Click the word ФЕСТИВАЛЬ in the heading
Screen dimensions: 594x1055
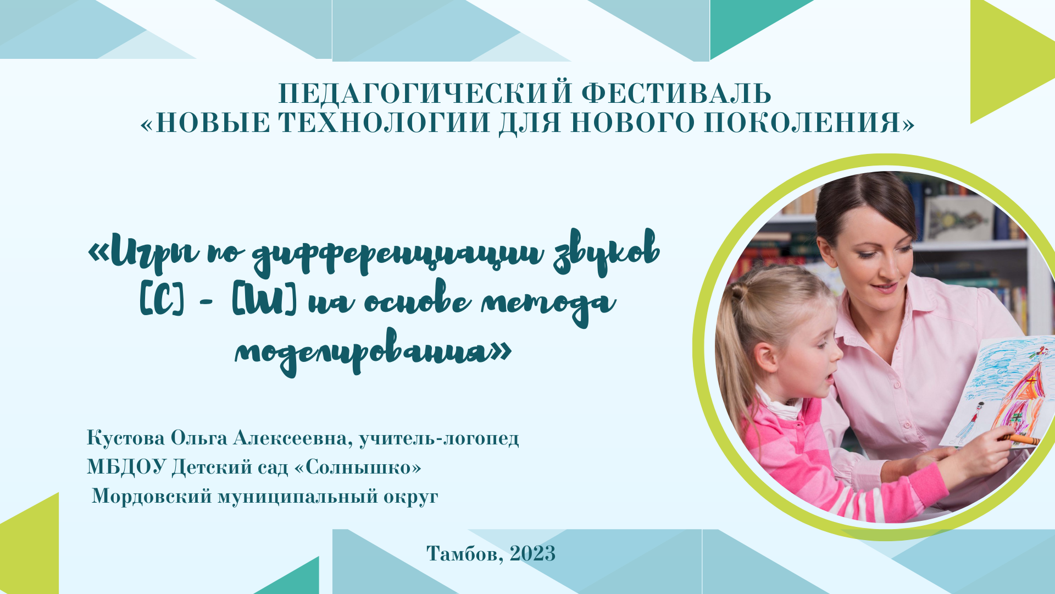(676, 94)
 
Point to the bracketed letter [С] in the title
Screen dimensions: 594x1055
(162, 300)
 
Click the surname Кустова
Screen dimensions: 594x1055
(125, 438)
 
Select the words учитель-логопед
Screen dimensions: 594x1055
(438, 438)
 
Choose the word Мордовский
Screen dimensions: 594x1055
(152, 496)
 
